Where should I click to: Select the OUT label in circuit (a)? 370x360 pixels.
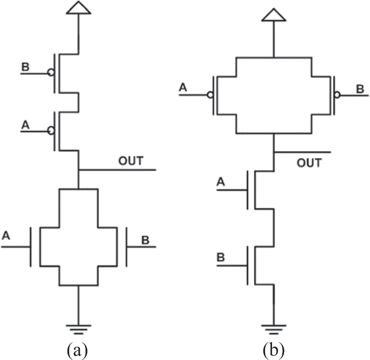(x=131, y=161)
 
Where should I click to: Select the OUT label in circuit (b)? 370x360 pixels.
(x=309, y=163)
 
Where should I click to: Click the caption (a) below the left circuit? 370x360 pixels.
(x=77, y=350)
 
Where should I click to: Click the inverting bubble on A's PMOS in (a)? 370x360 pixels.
(x=51, y=131)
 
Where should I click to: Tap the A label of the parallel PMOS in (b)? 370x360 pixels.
(x=183, y=87)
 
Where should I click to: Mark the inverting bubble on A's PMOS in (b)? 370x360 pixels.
(x=209, y=95)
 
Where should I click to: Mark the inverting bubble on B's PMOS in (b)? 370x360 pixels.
(x=337, y=95)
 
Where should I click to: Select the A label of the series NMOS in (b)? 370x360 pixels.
(x=221, y=181)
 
